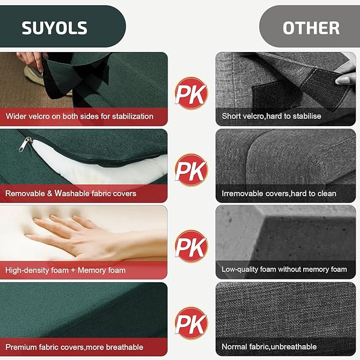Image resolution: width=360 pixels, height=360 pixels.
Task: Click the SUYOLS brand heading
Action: [55, 28]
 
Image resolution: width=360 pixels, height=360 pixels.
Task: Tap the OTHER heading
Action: [311, 28]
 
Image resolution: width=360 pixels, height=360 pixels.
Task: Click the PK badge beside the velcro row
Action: [191, 93]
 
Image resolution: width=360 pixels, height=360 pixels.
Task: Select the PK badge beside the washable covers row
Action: [191, 170]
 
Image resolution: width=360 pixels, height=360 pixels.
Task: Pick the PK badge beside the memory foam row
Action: [191, 247]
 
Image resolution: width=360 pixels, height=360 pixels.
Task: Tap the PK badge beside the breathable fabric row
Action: [191, 323]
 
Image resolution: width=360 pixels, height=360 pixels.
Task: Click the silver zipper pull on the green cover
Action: [25, 144]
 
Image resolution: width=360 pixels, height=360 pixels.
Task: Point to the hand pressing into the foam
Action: [92, 236]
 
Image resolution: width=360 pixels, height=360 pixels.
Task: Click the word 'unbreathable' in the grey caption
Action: [294, 346]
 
